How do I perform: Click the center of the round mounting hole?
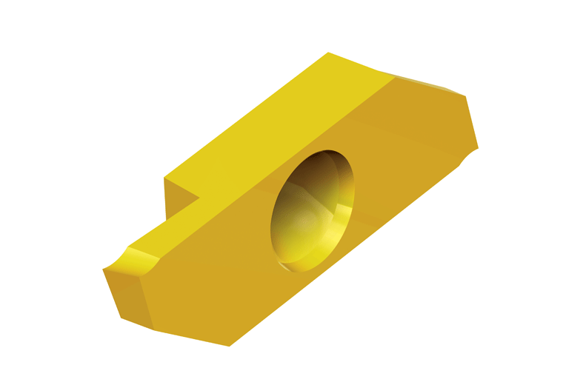click(313, 210)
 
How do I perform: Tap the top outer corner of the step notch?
click(164, 178)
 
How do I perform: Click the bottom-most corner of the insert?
click(230, 346)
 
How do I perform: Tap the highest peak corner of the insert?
click(328, 53)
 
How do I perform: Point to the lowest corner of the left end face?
click(121, 318)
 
